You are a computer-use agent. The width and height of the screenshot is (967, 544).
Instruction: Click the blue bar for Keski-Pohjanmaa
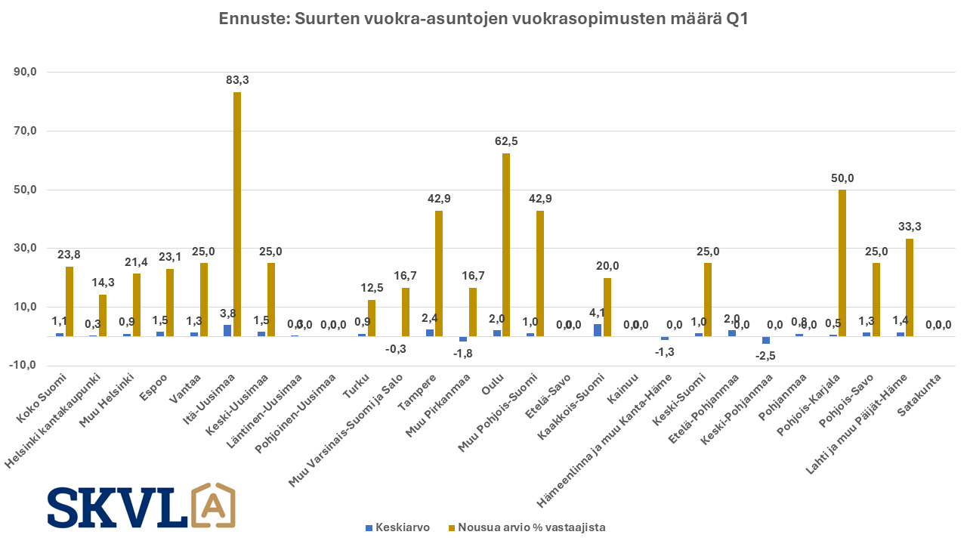(x=765, y=340)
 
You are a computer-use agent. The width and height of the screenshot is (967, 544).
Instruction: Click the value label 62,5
(x=506, y=141)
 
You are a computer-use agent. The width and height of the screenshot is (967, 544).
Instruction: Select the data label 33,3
(x=909, y=227)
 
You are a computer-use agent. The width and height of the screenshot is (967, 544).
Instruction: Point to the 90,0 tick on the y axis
(x=34, y=73)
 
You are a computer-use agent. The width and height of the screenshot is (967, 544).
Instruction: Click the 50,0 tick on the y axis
(x=34, y=190)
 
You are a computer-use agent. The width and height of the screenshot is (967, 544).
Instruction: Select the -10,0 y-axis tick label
(x=32, y=366)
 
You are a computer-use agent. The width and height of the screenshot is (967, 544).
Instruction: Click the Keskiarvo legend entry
(x=397, y=527)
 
